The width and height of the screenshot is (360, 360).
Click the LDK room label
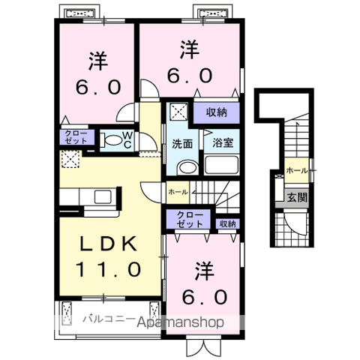[x=108, y=244]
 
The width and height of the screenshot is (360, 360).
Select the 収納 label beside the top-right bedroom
[x=217, y=112]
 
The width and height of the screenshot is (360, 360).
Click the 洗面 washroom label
[x=182, y=142]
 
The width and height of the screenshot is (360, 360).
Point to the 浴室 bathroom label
[x=221, y=142]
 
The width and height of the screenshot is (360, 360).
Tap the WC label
[x=127, y=139]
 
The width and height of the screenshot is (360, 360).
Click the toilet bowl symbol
[x=110, y=139]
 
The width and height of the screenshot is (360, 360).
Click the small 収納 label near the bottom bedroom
[x=227, y=223]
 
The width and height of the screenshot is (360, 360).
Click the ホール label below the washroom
[x=178, y=192]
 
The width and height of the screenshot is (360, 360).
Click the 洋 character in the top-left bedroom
[x=97, y=59]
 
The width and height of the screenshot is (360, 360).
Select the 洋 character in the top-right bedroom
[x=189, y=50]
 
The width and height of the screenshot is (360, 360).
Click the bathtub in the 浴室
[x=224, y=165]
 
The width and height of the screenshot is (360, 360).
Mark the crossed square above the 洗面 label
[x=177, y=112]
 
